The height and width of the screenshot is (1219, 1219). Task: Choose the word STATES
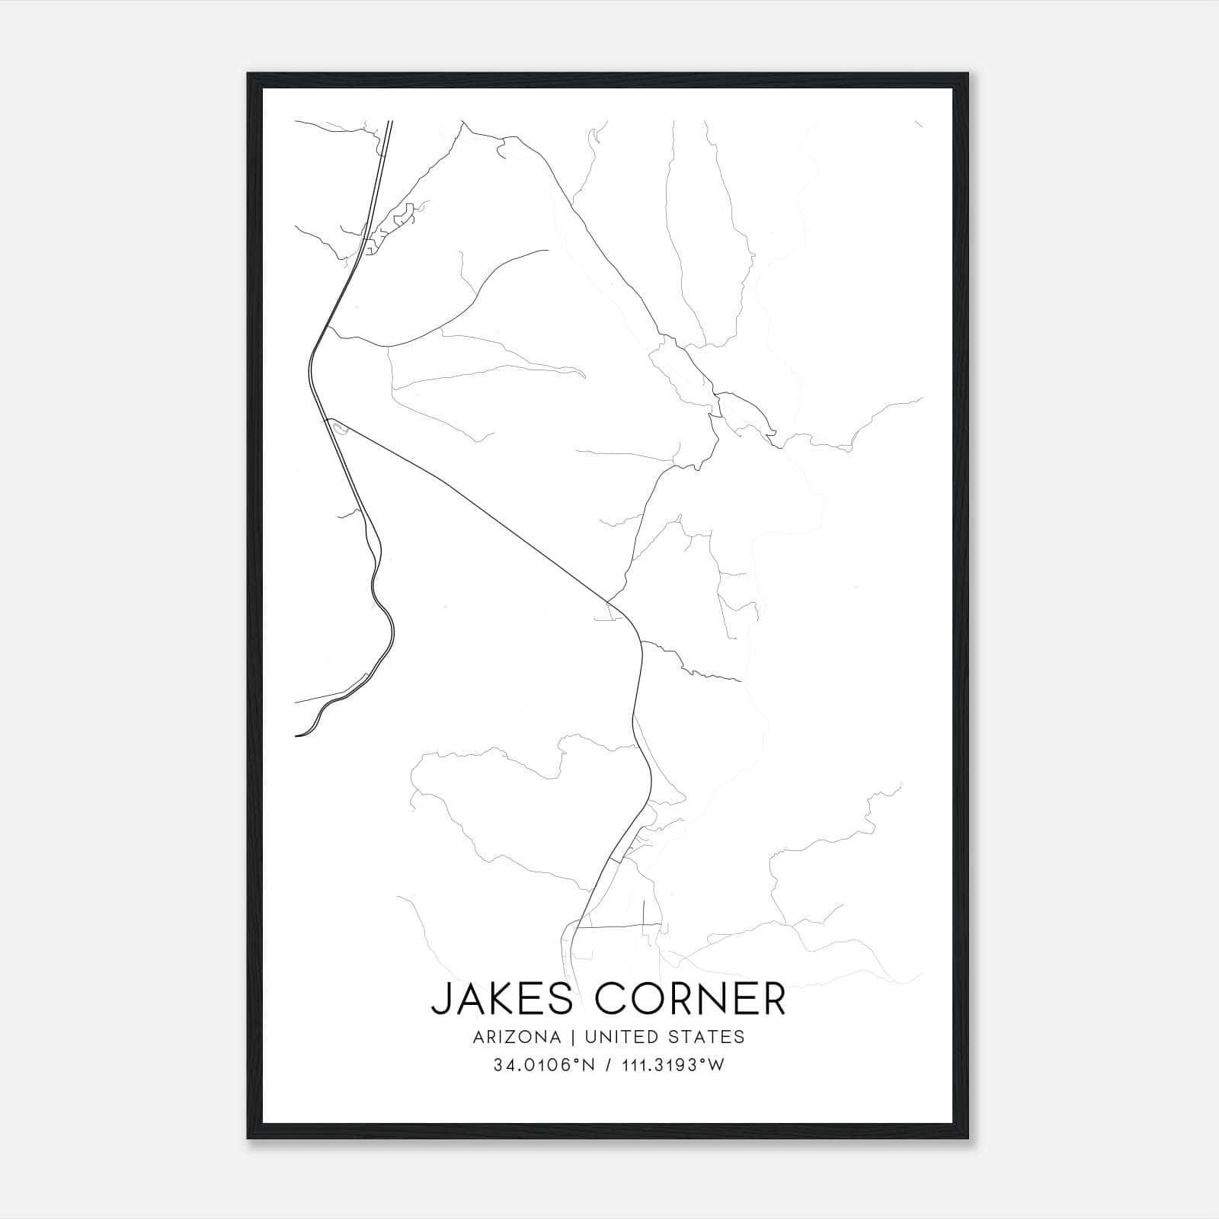tap(705, 1037)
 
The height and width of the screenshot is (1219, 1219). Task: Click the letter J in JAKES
tap(440, 1000)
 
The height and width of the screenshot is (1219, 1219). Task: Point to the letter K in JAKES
tap(502, 999)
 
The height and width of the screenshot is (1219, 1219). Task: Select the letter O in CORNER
tap(654, 999)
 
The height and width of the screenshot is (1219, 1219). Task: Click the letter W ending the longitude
tap(716, 1065)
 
